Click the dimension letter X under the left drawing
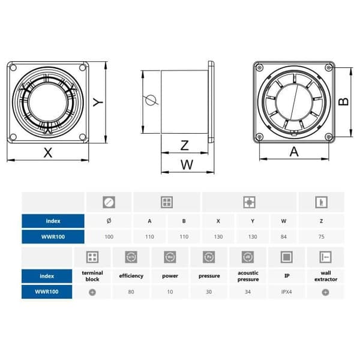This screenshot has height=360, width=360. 48,152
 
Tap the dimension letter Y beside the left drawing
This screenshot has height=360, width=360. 98,102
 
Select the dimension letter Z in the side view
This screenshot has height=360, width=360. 185,145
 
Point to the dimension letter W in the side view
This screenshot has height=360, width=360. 187,164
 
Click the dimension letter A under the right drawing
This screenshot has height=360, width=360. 294,152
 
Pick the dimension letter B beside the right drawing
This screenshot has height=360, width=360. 344,101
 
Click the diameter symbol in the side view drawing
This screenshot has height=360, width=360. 151,100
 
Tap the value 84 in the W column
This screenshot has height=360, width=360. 284,237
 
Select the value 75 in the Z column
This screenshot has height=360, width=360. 321,237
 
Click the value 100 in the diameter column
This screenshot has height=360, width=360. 109,237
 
